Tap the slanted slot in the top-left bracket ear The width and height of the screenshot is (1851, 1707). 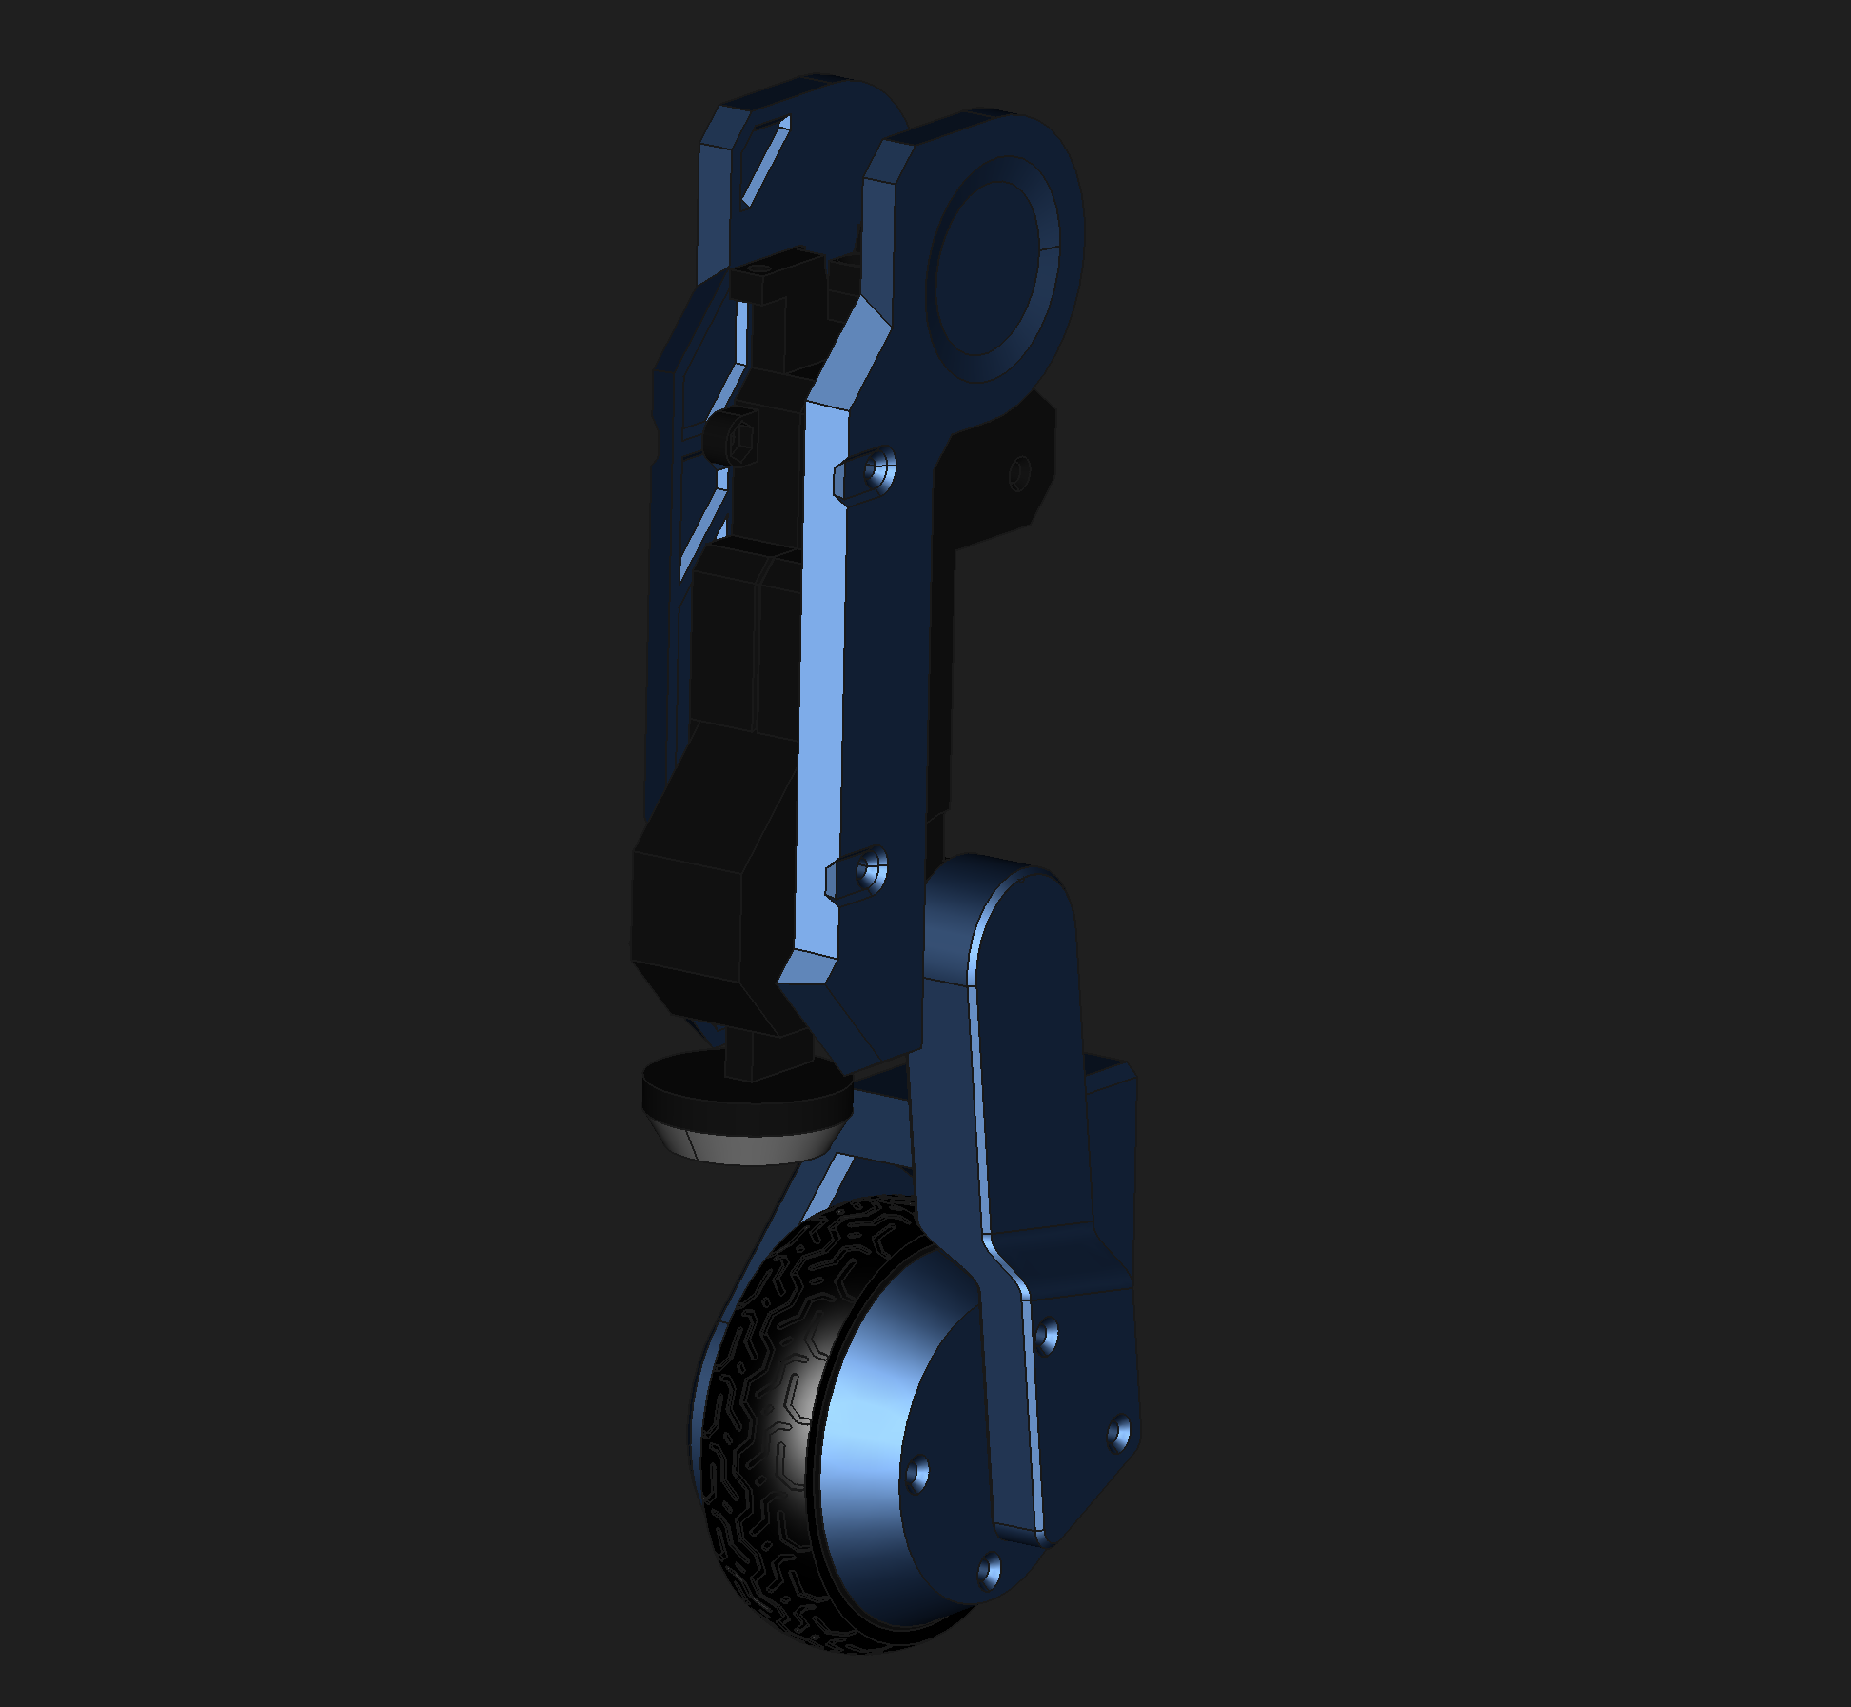click(x=765, y=162)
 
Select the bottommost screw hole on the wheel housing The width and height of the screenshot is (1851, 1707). click(x=989, y=1566)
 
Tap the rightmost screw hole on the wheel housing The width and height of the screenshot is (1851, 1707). click(x=1119, y=1433)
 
